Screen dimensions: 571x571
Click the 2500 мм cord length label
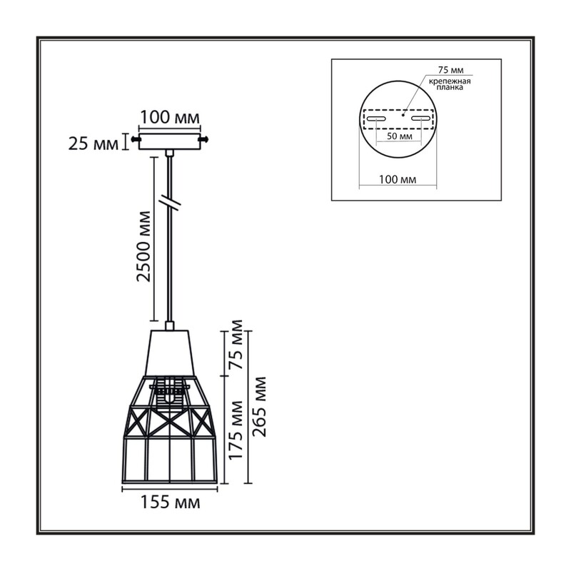pos(143,246)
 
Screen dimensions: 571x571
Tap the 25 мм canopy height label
pos(94,144)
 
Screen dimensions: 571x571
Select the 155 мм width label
pos(171,502)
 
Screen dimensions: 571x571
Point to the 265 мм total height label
pos(259,407)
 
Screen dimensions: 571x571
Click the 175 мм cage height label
pos(236,430)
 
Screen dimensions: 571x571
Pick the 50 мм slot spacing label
pos(400,136)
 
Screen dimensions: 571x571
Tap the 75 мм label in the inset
pos(450,70)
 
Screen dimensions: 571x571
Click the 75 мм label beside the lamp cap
pos(236,344)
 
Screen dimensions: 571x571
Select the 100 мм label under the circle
pos(398,180)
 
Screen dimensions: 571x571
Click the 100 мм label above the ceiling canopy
pos(170,118)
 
